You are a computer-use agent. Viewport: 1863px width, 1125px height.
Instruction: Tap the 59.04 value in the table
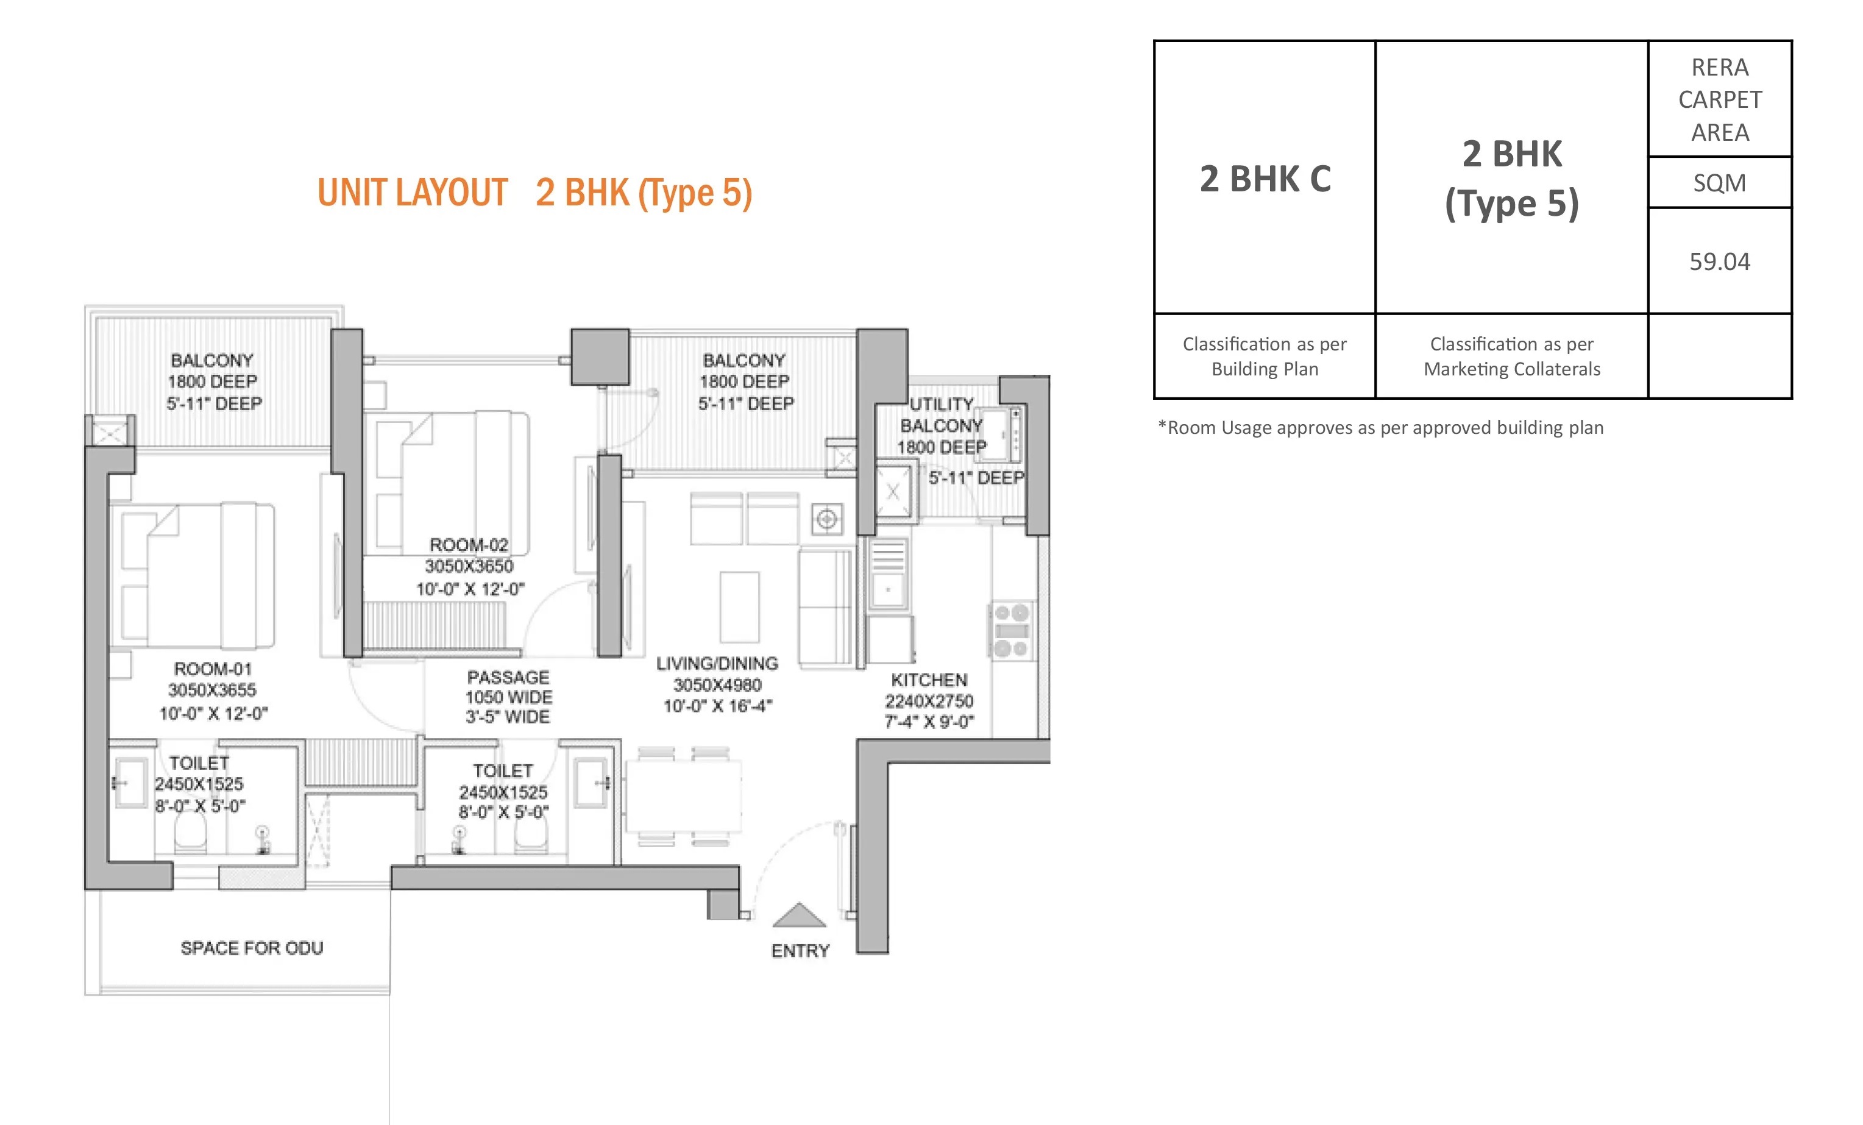coord(1719,261)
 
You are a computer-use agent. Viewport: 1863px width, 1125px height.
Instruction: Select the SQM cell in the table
coord(1719,183)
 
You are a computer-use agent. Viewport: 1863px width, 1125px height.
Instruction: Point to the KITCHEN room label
coord(929,680)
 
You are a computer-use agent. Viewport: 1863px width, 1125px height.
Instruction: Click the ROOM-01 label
coord(213,669)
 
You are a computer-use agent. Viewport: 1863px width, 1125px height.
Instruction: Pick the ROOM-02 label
coord(469,544)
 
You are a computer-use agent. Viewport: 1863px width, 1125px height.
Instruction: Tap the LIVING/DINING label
coord(717,663)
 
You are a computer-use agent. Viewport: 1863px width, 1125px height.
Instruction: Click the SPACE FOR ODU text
coord(252,948)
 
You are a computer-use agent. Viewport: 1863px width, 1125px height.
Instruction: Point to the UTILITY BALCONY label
coord(942,415)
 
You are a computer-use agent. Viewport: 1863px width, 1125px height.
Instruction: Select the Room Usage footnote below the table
coord(1380,428)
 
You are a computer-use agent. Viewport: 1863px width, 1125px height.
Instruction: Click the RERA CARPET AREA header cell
coord(1719,100)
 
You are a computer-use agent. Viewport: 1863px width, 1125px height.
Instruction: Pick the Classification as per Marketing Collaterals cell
coord(1511,356)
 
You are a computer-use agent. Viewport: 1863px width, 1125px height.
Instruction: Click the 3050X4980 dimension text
coord(717,685)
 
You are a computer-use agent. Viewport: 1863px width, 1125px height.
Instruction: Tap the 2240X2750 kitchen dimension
coord(929,701)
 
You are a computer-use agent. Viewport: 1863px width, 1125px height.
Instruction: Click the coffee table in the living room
coord(739,607)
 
